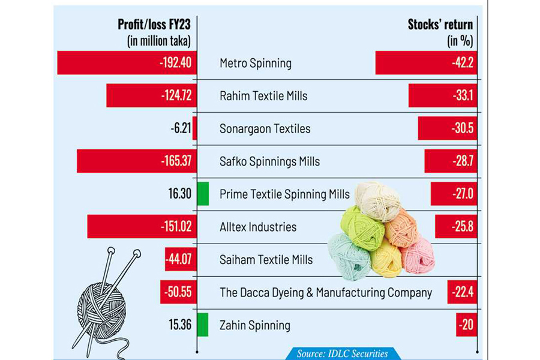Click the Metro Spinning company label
click(x=256, y=63)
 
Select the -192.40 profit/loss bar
click(x=127, y=62)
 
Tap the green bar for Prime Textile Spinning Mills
click(x=203, y=194)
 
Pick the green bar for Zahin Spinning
click(x=203, y=325)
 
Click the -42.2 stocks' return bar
click(x=425, y=62)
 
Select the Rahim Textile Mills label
click(x=263, y=96)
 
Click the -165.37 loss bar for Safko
click(x=136, y=161)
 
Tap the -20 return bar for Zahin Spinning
click(x=466, y=325)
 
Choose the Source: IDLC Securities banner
click(x=342, y=353)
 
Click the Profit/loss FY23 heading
click(x=155, y=25)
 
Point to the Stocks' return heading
click(x=440, y=25)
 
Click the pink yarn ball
click(x=418, y=255)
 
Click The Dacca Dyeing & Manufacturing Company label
click(x=326, y=293)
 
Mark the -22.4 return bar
click(x=461, y=293)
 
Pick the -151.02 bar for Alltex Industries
click(x=142, y=227)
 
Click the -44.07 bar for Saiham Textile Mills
click(x=181, y=260)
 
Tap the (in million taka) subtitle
click(x=158, y=41)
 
